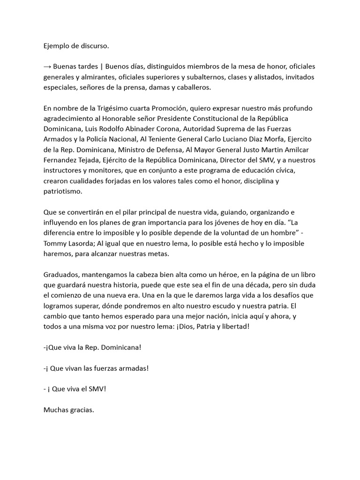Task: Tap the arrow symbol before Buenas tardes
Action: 47,67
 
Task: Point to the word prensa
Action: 151,87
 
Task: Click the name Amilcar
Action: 288,150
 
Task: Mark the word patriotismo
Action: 62,191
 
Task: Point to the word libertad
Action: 234,326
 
